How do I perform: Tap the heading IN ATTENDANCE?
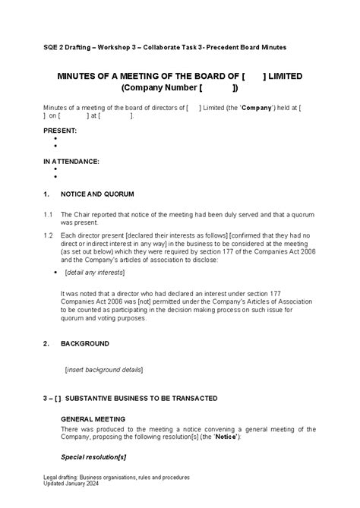click(71, 161)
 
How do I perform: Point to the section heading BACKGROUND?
click(85, 343)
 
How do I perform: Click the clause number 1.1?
click(47, 215)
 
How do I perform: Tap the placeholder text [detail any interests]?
click(94, 272)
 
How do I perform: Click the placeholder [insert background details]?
click(104, 369)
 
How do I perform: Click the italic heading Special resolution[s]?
click(93, 456)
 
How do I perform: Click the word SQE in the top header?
click(50, 47)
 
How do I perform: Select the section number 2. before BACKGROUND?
click(46, 343)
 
